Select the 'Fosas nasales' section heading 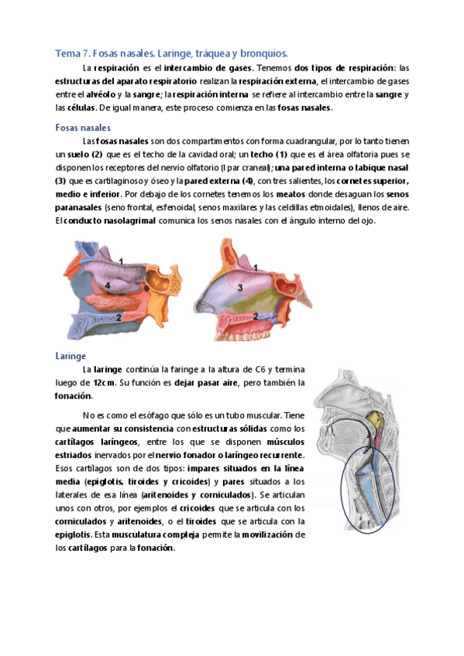[83, 128]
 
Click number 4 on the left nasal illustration [108, 286]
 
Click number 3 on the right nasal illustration [240, 288]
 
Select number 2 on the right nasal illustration [256, 316]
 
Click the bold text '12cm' [105, 383]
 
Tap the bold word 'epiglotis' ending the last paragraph [74, 535]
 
